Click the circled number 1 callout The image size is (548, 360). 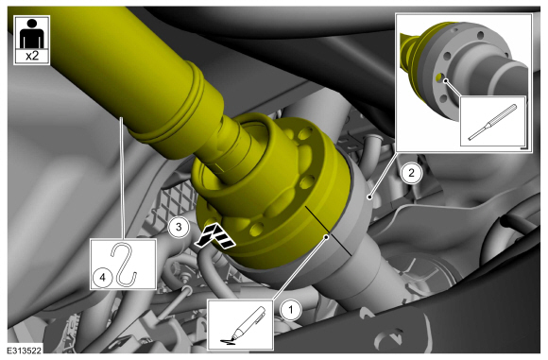tap(291, 310)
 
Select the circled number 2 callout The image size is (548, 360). tap(411, 173)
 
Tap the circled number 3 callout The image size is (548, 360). tap(179, 228)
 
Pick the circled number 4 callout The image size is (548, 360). tap(102, 278)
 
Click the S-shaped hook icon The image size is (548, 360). tap(124, 264)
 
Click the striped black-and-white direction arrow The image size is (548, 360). tap(215, 236)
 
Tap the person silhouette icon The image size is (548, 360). tap(32, 33)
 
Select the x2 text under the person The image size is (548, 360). tap(32, 56)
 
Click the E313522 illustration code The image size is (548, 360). tap(25, 351)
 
